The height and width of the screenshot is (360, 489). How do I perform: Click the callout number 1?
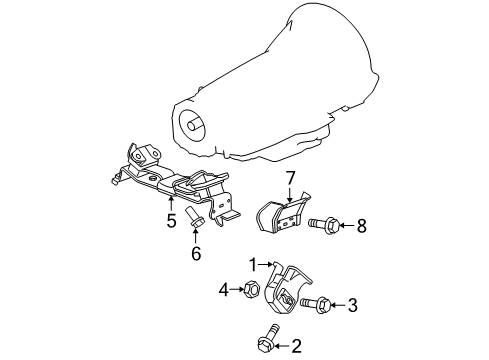coord(254,265)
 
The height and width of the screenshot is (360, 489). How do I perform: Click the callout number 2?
coord(294,347)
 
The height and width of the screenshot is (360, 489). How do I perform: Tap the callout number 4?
coord(223,291)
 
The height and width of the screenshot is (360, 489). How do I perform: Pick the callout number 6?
coord(195,253)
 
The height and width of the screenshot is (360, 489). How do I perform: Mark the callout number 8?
coord(361,226)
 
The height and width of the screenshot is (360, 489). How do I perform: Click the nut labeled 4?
coord(251,290)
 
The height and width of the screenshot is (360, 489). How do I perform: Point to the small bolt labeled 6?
coord(195,218)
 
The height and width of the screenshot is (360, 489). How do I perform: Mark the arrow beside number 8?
coord(345,226)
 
